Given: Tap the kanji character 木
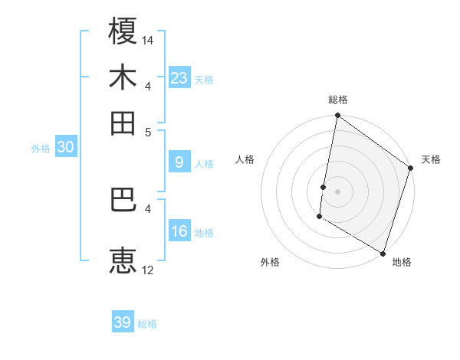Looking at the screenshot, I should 123,78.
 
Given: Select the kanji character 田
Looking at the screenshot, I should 123,123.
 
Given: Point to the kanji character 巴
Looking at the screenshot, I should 123,201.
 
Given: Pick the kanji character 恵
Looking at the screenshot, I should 123,260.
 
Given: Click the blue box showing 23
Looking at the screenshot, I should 179,78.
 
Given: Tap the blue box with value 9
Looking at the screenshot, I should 179,162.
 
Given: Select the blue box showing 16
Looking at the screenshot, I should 179,231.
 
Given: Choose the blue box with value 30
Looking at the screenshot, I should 65,148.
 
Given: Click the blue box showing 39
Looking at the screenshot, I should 122,322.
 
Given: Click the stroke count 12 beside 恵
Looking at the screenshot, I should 148,270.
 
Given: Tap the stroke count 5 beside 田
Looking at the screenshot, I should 148,131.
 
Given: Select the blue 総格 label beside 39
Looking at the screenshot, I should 147,324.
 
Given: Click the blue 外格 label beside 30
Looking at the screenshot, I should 41,149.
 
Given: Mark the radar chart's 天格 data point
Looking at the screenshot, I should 411,169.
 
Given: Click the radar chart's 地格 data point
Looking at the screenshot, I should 383,253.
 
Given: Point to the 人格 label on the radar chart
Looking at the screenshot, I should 245,159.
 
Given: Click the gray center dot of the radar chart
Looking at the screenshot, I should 337,191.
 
